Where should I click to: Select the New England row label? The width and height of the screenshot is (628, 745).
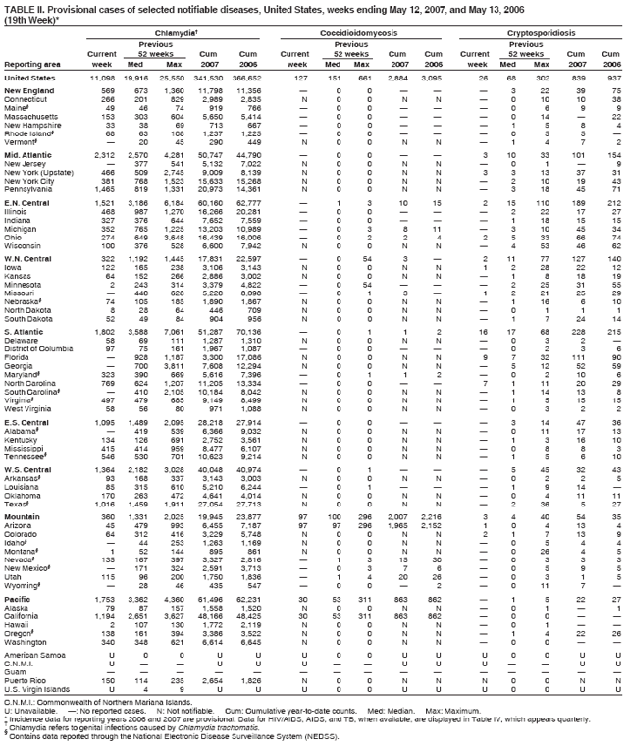pyautogui.click(x=27, y=90)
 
